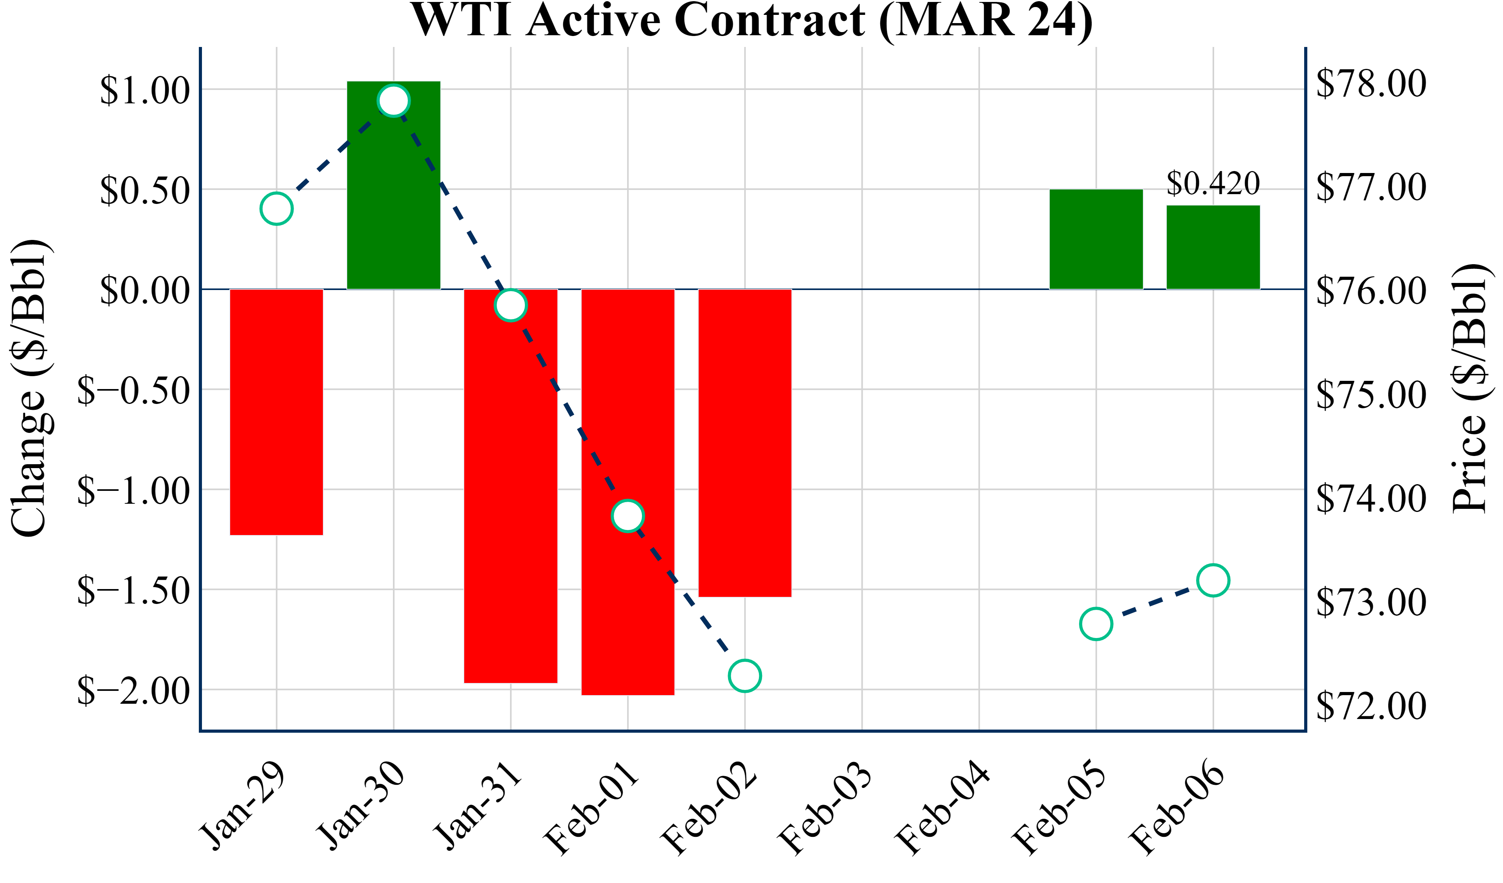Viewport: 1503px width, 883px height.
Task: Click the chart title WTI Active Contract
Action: [x=751, y=20]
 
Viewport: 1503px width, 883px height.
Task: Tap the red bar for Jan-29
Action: [x=276, y=412]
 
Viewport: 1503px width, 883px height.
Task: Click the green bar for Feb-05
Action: [x=1096, y=239]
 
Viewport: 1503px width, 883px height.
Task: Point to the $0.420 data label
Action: [x=1213, y=183]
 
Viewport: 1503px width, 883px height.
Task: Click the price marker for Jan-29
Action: [x=276, y=209]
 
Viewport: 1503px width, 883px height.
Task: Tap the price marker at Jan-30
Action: [x=394, y=100]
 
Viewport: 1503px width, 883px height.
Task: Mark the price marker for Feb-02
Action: [x=745, y=676]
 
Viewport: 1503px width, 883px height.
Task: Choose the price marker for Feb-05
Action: [x=1096, y=624]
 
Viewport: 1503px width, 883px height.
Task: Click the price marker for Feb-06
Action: [x=1213, y=580]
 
